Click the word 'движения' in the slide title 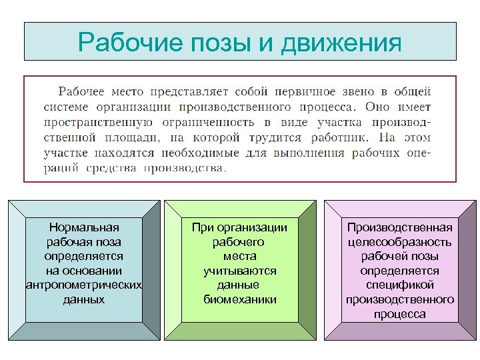coord(342,44)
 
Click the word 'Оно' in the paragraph coord(378,107)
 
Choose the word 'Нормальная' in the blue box coord(84,228)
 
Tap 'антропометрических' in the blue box coord(84,285)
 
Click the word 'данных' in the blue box coord(84,299)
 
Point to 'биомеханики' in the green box coord(239,299)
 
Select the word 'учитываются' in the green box coord(239,271)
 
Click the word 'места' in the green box coord(239,256)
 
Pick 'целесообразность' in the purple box coord(399,242)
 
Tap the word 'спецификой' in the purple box coord(399,285)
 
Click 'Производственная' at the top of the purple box coord(399,228)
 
